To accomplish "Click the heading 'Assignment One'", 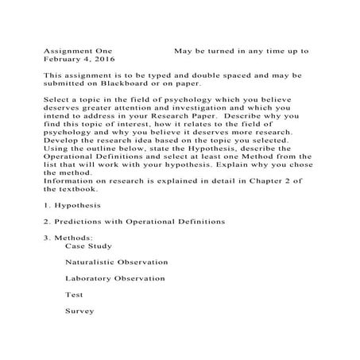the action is coord(78,51).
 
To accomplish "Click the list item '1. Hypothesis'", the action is coord(73,205).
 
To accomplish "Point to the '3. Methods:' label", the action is coord(68,238).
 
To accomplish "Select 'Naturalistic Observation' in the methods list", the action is coord(117,261).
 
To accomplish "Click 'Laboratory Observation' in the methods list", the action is coord(115,278).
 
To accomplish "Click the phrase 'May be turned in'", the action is coord(210,51).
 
